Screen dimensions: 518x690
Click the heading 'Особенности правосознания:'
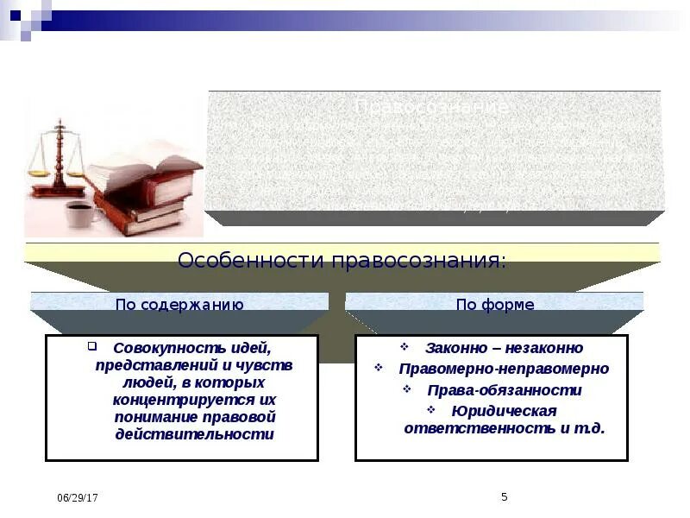click(x=342, y=261)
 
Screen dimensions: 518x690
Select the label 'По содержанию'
click(x=179, y=304)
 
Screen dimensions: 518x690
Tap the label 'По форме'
click(x=495, y=304)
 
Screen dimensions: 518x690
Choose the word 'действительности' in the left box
click(x=194, y=434)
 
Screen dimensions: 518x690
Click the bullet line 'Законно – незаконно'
click(x=504, y=348)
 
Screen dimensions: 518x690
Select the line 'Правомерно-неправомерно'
click(x=504, y=369)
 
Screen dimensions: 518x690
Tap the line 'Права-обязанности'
click(x=504, y=389)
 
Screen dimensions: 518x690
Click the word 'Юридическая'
click(x=504, y=410)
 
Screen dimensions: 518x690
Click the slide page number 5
click(x=505, y=496)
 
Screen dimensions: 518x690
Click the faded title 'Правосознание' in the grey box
click(x=431, y=107)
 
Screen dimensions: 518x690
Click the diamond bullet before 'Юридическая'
click(x=431, y=410)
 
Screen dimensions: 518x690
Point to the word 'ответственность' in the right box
click(x=470, y=427)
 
